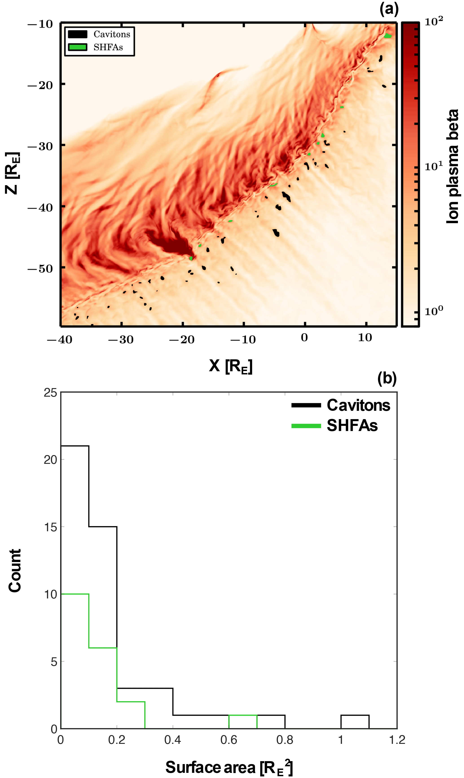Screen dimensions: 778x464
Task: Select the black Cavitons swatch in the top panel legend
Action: [x=77, y=34]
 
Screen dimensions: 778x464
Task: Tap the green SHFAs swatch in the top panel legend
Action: [x=77, y=47]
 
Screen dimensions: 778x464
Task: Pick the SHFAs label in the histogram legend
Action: [x=352, y=426]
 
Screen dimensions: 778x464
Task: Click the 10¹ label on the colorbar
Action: [x=433, y=166]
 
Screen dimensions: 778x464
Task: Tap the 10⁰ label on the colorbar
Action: [x=433, y=311]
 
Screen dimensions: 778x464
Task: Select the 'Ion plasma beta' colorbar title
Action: [x=452, y=166]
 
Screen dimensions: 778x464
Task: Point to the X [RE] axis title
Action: [x=231, y=366]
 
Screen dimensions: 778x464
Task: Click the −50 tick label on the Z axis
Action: [x=40, y=269]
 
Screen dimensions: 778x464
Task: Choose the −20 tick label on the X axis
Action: [x=182, y=340]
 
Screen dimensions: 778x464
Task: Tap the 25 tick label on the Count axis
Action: [x=50, y=393]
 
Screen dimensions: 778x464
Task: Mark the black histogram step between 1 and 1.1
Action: [x=355, y=715]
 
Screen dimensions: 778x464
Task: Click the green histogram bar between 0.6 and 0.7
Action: [x=243, y=715]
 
